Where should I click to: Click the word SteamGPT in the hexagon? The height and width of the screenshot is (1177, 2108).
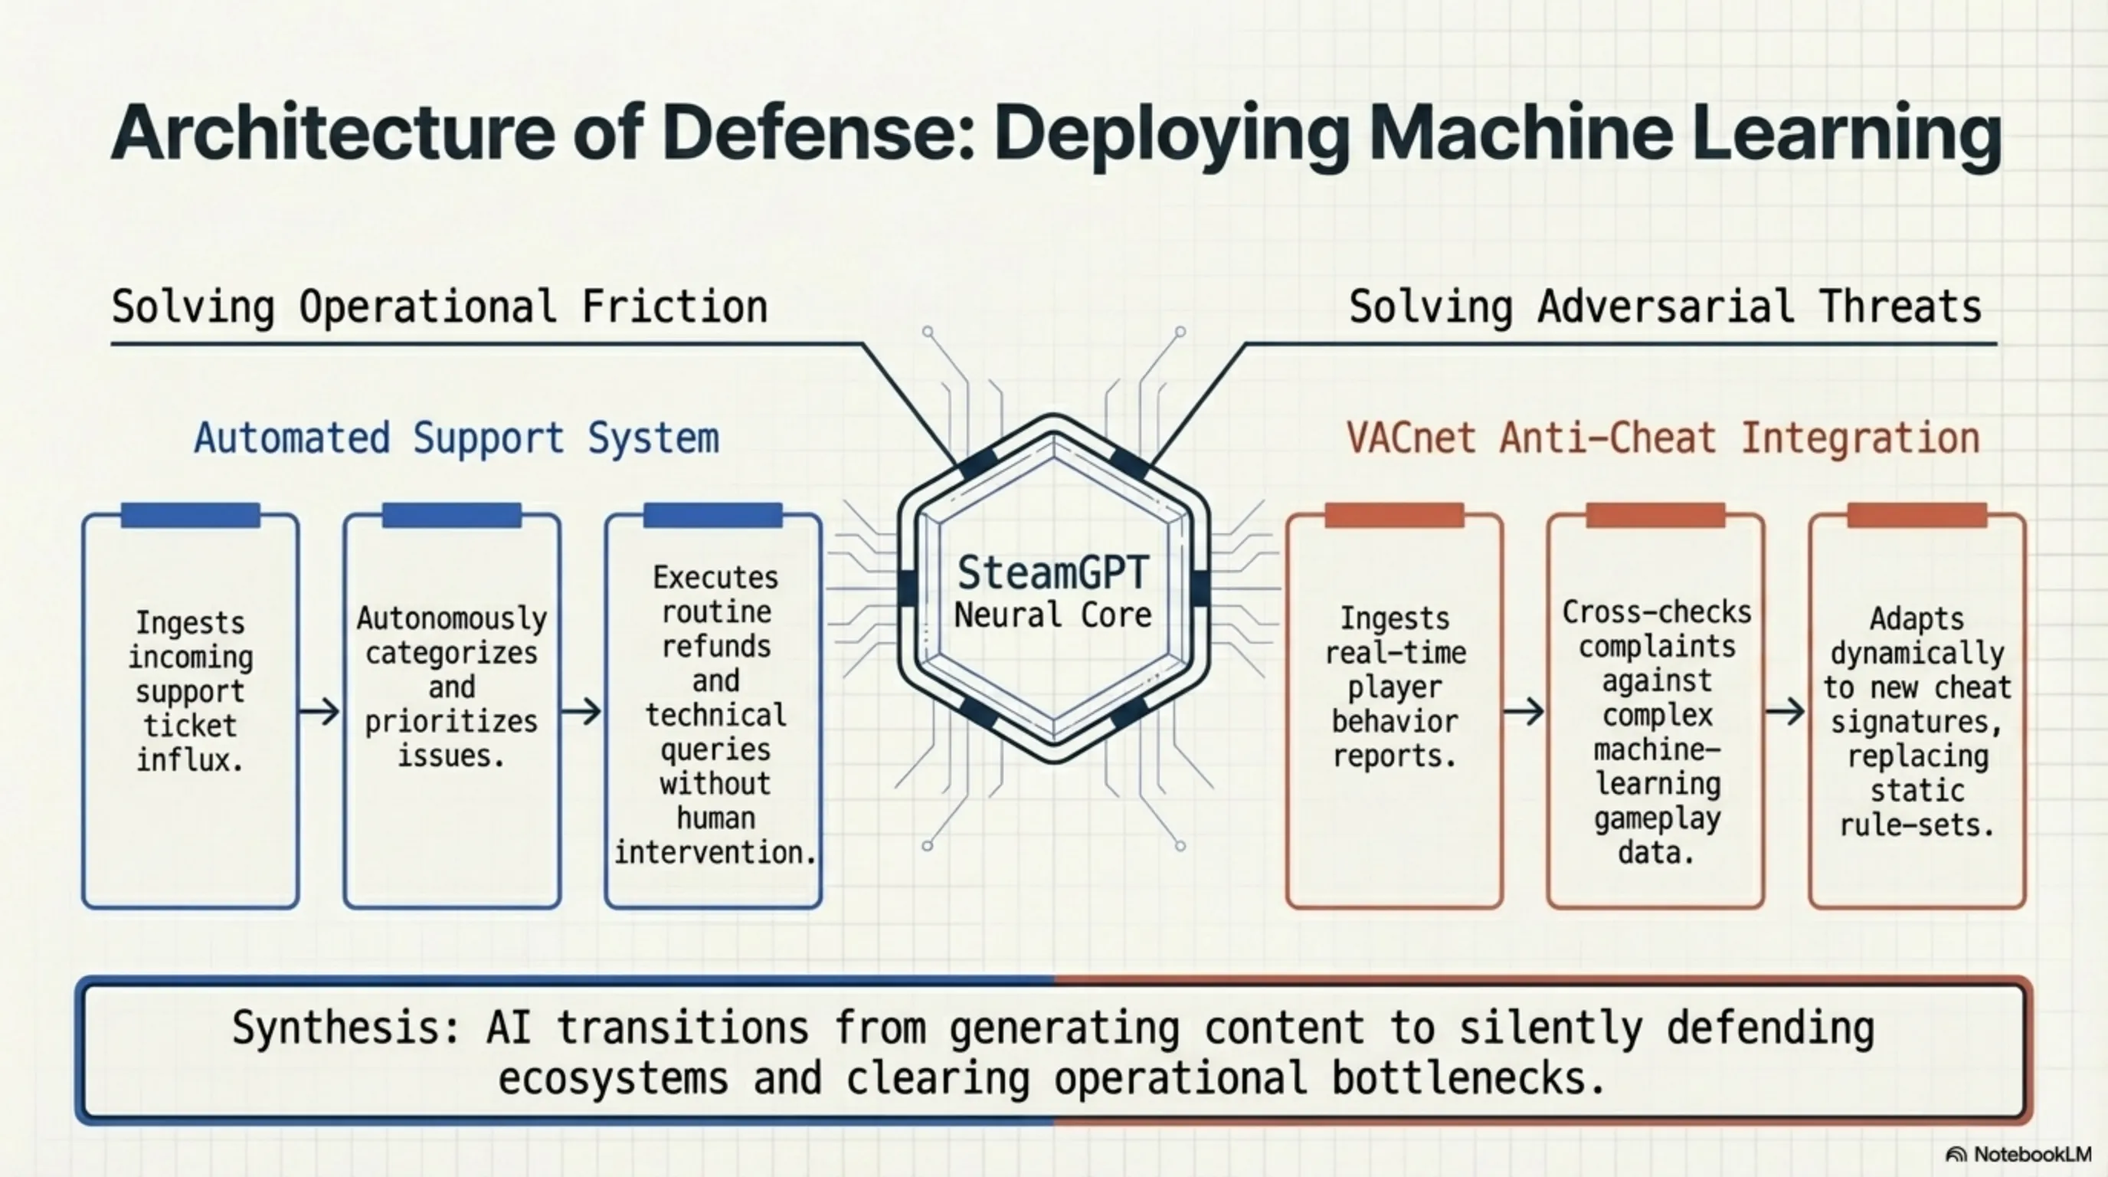pyautogui.click(x=1052, y=573)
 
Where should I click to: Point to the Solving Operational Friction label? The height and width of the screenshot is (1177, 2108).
pyautogui.click(x=440, y=308)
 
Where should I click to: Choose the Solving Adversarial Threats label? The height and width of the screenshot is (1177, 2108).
pyautogui.click(x=1664, y=308)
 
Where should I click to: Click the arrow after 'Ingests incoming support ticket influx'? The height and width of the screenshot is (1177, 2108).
pyautogui.click(x=320, y=711)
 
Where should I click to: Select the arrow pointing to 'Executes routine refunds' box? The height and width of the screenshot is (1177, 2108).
pyautogui.click(x=582, y=711)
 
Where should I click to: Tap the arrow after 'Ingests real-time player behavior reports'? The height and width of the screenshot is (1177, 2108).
pyautogui.click(x=1524, y=711)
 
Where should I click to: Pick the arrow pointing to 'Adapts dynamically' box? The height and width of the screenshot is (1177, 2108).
pyautogui.click(x=1785, y=711)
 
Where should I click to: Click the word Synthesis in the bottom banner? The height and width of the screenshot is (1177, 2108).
pyautogui.click(x=345, y=1028)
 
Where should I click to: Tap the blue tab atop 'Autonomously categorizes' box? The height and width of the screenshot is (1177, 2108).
pyautogui.click(x=452, y=516)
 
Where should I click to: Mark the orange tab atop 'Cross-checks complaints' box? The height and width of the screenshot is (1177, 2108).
pyautogui.click(x=1655, y=516)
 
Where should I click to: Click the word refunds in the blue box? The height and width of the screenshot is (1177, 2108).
pyautogui.click(x=716, y=647)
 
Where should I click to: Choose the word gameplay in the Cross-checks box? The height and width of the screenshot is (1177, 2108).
pyautogui.click(x=1657, y=818)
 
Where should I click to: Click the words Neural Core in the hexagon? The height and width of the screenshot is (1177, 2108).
pyautogui.click(x=1052, y=615)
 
